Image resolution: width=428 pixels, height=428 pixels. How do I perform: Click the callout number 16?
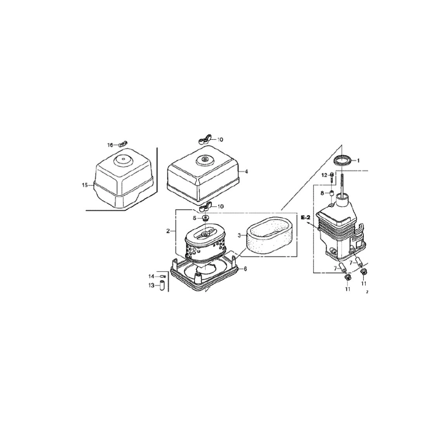[x=110, y=145]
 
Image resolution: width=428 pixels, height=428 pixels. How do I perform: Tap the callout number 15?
[x=84, y=185]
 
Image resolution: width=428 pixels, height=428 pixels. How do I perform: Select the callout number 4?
[x=246, y=172]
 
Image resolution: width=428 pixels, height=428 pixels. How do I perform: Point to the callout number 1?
[x=358, y=161]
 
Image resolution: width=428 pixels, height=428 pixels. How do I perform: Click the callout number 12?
[x=324, y=175]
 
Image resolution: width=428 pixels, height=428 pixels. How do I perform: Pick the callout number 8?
[x=322, y=193]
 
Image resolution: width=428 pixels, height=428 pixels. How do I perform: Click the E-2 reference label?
[x=306, y=218]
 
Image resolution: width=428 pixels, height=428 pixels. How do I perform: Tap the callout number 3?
[x=239, y=235]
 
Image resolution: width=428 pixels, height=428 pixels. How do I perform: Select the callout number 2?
[x=168, y=231]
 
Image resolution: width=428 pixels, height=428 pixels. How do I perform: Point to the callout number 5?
[x=195, y=218]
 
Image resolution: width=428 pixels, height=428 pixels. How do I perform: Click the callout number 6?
[x=246, y=269]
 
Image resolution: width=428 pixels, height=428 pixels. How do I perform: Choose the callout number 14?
[x=151, y=277]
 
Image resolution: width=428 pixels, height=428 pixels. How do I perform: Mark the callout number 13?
[x=151, y=286]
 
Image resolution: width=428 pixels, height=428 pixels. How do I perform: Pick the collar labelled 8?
[x=331, y=193]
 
